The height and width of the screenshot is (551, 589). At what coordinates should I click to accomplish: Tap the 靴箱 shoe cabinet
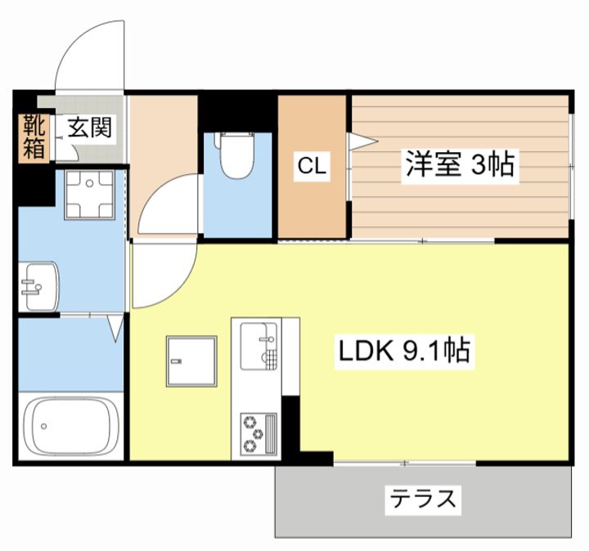[34, 137]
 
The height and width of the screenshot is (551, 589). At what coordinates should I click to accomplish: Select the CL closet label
[312, 167]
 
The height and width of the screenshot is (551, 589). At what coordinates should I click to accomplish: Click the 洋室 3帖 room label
[458, 165]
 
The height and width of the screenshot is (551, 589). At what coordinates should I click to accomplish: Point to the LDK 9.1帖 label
[403, 352]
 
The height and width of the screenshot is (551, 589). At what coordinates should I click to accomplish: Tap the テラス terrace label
[422, 498]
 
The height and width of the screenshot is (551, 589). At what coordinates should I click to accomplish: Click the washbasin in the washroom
[37, 286]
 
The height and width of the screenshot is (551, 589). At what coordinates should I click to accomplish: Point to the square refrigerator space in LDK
[192, 361]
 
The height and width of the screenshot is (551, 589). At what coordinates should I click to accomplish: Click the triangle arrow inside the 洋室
[362, 141]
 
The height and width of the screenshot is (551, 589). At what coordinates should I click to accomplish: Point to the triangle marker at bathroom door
[115, 329]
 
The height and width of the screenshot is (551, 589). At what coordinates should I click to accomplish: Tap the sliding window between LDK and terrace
[405, 464]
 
